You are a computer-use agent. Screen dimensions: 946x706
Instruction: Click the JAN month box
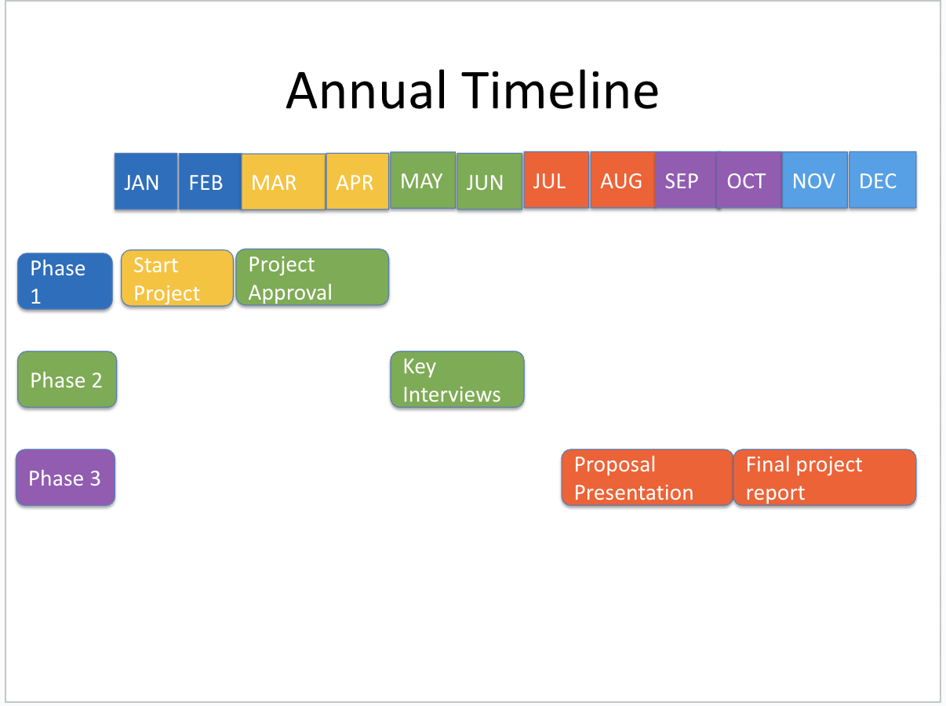coord(146,181)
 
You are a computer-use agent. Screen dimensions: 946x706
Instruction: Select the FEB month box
coord(210,181)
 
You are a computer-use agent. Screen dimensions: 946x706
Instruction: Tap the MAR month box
coord(283,181)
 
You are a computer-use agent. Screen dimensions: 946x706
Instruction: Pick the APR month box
coord(358,181)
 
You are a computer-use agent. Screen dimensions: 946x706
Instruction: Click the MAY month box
coord(423,180)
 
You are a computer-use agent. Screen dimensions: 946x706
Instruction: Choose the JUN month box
coord(489,181)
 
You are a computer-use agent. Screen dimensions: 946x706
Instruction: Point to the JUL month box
coord(556,180)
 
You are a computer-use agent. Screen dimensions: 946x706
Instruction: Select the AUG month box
coord(623,180)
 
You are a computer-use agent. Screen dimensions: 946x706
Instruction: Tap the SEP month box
coord(686,180)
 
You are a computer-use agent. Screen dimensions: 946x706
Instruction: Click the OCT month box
coord(749,180)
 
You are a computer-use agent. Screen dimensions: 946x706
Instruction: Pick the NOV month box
coord(815,180)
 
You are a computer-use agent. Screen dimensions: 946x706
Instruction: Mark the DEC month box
coord(882,180)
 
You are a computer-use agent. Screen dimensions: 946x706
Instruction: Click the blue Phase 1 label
coord(65,281)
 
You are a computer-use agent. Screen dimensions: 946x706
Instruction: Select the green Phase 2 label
coord(67,380)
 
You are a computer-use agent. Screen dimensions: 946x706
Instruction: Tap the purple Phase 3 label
coord(66,477)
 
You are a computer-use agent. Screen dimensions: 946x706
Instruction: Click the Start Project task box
coord(177,278)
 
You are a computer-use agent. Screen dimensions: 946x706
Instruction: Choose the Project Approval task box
coord(312,277)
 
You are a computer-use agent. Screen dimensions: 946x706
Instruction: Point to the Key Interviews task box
coord(457,380)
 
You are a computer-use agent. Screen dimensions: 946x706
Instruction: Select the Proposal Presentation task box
coord(647,477)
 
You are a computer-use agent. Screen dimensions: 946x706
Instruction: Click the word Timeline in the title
coord(560,91)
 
